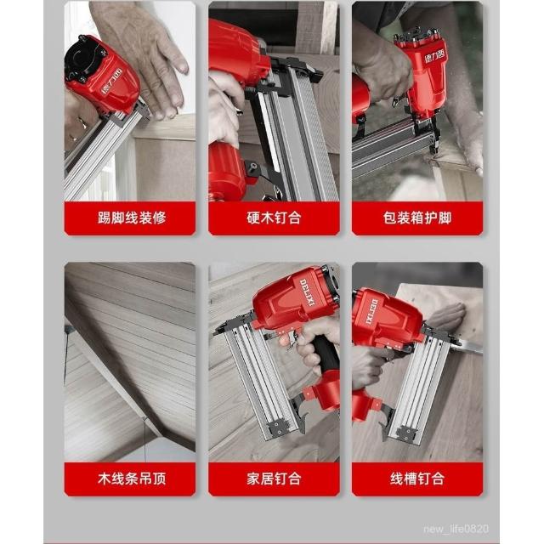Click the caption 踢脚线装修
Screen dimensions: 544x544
[x=132, y=218]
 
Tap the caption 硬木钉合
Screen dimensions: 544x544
[x=274, y=218]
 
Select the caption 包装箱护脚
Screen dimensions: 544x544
[x=417, y=218]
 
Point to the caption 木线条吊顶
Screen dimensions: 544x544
[x=132, y=479]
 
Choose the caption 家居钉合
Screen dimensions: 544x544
[x=274, y=479]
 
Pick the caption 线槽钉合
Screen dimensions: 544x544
[x=417, y=479]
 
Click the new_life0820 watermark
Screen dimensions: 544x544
[x=456, y=529]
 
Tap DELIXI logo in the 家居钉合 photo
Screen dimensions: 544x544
[x=308, y=292]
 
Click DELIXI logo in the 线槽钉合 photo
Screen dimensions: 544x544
[x=371, y=312]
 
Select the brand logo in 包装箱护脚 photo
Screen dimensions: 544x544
[x=434, y=55]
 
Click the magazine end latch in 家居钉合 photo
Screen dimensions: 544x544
[x=278, y=427]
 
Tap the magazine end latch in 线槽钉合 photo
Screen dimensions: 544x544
[x=406, y=434]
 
